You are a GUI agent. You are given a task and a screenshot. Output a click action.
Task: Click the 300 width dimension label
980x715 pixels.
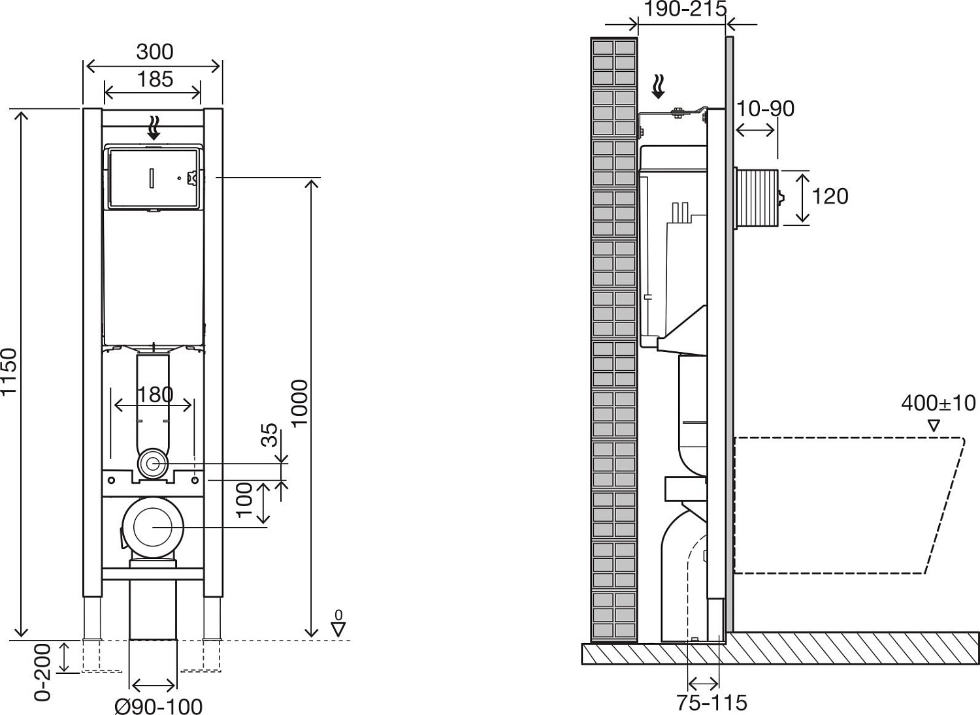tap(155, 52)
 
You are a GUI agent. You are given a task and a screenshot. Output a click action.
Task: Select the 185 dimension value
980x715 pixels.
tap(155, 79)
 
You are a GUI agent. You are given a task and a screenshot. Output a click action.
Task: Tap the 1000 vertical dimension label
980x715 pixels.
tap(299, 403)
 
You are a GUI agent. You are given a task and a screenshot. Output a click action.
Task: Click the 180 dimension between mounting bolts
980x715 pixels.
tap(155, 394)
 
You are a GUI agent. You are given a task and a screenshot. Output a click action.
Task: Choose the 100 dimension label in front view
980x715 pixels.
tap(244, 500)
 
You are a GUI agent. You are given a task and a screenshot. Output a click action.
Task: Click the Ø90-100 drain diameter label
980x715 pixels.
tap(158, 706)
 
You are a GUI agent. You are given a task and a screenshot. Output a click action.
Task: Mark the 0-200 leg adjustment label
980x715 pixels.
tap(42, 672)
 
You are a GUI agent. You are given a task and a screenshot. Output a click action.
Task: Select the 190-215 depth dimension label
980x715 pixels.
tap(685, 9)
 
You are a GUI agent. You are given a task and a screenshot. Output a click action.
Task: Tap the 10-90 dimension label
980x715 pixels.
tap(765, 108)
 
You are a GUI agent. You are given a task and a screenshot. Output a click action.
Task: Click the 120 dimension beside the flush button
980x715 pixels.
tap(830, 196)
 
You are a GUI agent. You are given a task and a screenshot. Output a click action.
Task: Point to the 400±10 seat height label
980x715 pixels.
tap(938, 403)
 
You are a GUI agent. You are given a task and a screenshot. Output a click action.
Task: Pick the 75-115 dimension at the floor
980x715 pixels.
tap(711, 703)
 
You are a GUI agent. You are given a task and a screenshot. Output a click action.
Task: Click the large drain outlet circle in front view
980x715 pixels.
tap(153, 527)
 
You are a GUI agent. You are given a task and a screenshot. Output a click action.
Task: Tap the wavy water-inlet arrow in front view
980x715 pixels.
tap(154, 127)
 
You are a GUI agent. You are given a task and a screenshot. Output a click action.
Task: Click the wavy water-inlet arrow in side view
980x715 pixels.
tap(659, 87)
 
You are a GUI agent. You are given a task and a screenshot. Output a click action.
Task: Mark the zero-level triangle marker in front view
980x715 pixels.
tap(338, 629)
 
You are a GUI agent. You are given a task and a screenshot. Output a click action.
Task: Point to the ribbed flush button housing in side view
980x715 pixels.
tap(758, 198)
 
